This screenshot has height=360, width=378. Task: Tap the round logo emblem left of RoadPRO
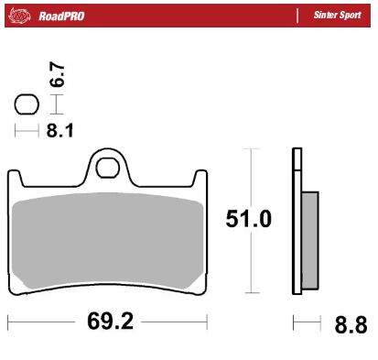coord(22,16)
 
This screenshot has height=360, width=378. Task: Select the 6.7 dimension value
coord(57,77)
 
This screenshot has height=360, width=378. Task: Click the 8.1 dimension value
coord(59,131)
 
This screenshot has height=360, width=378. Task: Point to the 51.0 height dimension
coord(248,220)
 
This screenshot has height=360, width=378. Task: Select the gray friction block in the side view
coord(309,233)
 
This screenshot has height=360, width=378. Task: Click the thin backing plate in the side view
coord(296,220)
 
